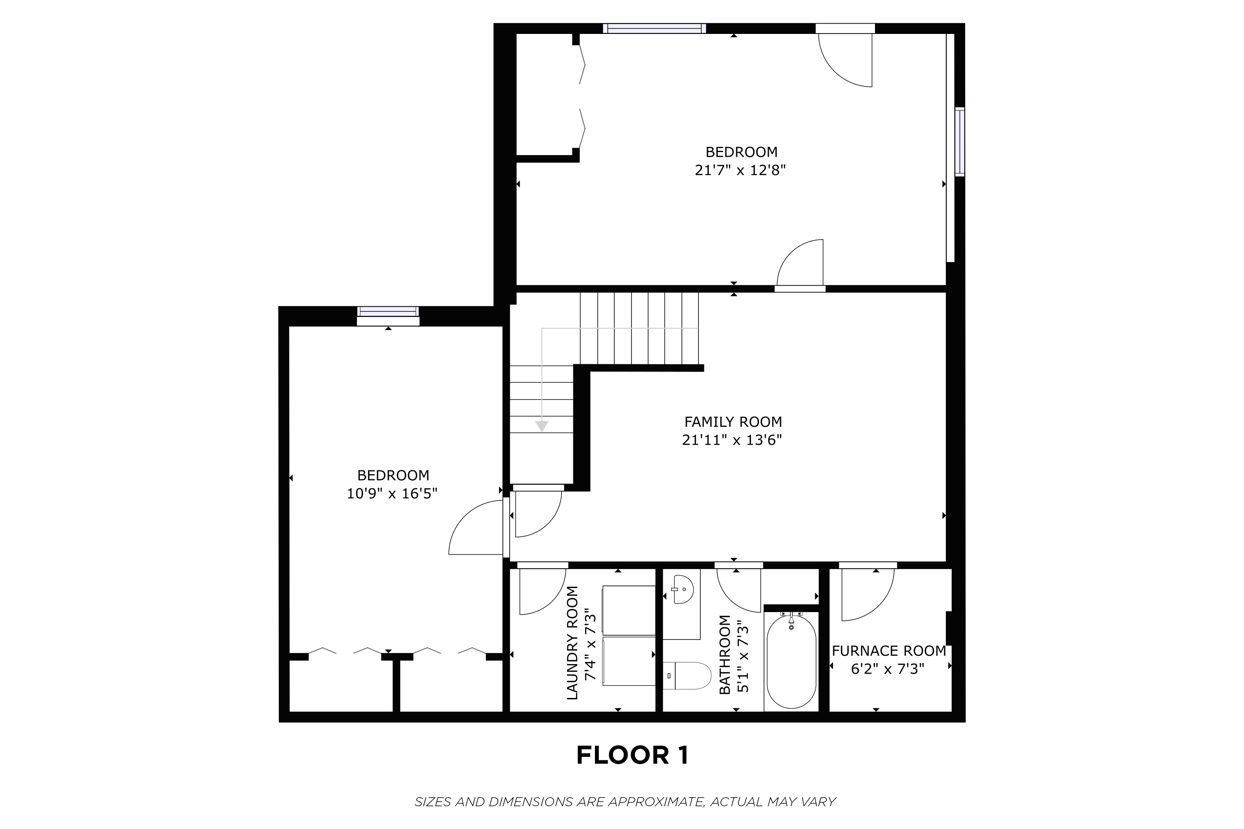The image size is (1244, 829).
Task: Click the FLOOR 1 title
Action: [x=632, y=756]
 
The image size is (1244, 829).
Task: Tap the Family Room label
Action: [x=733, y=422]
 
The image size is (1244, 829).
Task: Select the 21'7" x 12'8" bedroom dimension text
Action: [x=740, y=170]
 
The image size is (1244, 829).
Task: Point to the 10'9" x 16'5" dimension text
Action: [x=392, y=493]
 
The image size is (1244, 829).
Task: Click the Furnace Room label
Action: [x=889, y=651]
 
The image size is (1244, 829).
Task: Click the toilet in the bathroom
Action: [x=687, y=676]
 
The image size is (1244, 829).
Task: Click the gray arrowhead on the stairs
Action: [x=541, y=426]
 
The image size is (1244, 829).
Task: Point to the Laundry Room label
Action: [x=573, y=643]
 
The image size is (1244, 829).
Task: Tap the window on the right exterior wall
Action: [x=959, y=142]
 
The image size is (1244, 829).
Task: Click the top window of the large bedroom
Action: [x=655, y=28]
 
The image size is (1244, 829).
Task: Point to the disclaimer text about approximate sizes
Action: [x=625, y=802]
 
